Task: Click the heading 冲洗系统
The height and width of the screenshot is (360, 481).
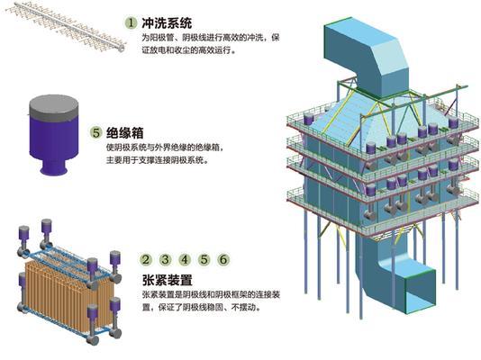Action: [x=167, y=23]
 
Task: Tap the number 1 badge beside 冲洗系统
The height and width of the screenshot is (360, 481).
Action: [x=132, y=22]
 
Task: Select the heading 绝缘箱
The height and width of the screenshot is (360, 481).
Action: [x=125, y=133]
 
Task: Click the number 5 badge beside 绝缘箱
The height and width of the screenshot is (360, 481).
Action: [x=96, y=132]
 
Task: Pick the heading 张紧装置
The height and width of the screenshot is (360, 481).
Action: [x=168, y=280]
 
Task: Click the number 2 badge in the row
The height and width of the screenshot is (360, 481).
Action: [x=146, y=259]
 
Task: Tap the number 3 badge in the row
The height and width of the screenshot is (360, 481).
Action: [x=166, y=259]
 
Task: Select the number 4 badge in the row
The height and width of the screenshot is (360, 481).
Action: [x=185, y=259]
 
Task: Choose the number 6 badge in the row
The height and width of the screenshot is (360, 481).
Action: [x=223, y=259]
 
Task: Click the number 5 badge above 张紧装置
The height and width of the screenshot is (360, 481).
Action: [x=204, y=259]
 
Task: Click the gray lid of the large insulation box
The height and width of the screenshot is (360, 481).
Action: [x=54, y=107]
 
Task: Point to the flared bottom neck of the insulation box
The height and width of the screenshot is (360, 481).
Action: [x=54, y=168]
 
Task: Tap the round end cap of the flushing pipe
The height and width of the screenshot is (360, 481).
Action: [x=122, y=48]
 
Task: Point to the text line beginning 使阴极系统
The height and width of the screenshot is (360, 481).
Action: [x=165, y=148]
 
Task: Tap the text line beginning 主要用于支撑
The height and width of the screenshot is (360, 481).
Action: [x=158, y=160]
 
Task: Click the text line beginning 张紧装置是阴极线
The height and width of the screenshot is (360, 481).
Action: [x=211, y=294]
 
